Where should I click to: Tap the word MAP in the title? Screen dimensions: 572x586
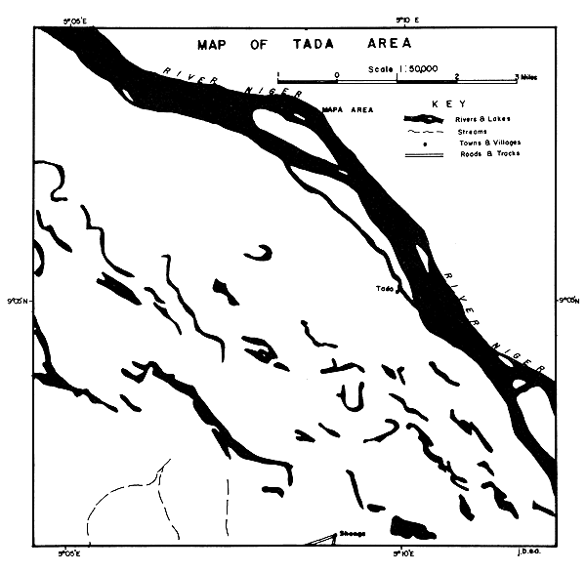[x=216, y=44]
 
